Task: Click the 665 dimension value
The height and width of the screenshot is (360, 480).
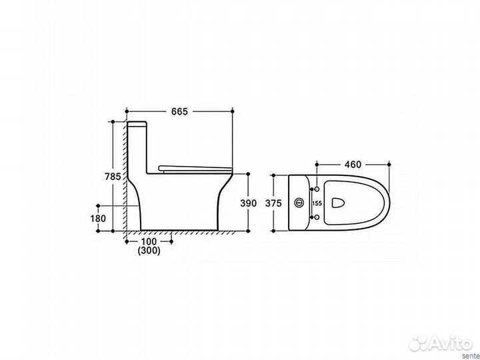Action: tap(179, 112)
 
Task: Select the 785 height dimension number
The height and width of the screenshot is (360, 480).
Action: tap(113, 177)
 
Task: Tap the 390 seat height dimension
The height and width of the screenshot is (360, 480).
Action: tap(248, 203)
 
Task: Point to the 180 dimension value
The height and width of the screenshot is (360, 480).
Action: tap(98, 218)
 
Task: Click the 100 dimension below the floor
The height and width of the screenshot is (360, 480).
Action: tap(149, 241)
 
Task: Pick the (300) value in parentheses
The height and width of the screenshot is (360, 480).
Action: tap(149, 251)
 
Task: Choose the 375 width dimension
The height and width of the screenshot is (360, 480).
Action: tap(273, 203)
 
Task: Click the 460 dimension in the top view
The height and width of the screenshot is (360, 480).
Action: tap(353, 165)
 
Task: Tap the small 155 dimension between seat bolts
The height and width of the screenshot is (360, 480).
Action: tap(317, 203)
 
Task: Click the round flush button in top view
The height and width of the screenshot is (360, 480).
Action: tap(299, 203)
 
